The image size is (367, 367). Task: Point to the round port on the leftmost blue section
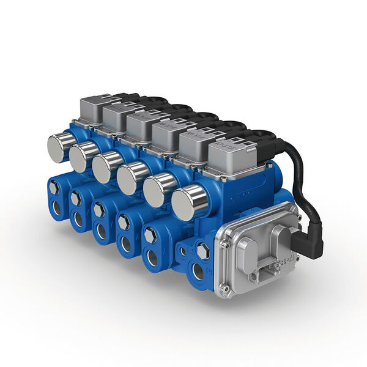click(56, 208)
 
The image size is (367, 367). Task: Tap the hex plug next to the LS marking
click(202, 250)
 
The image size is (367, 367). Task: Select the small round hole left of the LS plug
click(182, 251)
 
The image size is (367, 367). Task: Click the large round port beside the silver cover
click(199, 272)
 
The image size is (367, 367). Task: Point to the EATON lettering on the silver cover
click(285, 259)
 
